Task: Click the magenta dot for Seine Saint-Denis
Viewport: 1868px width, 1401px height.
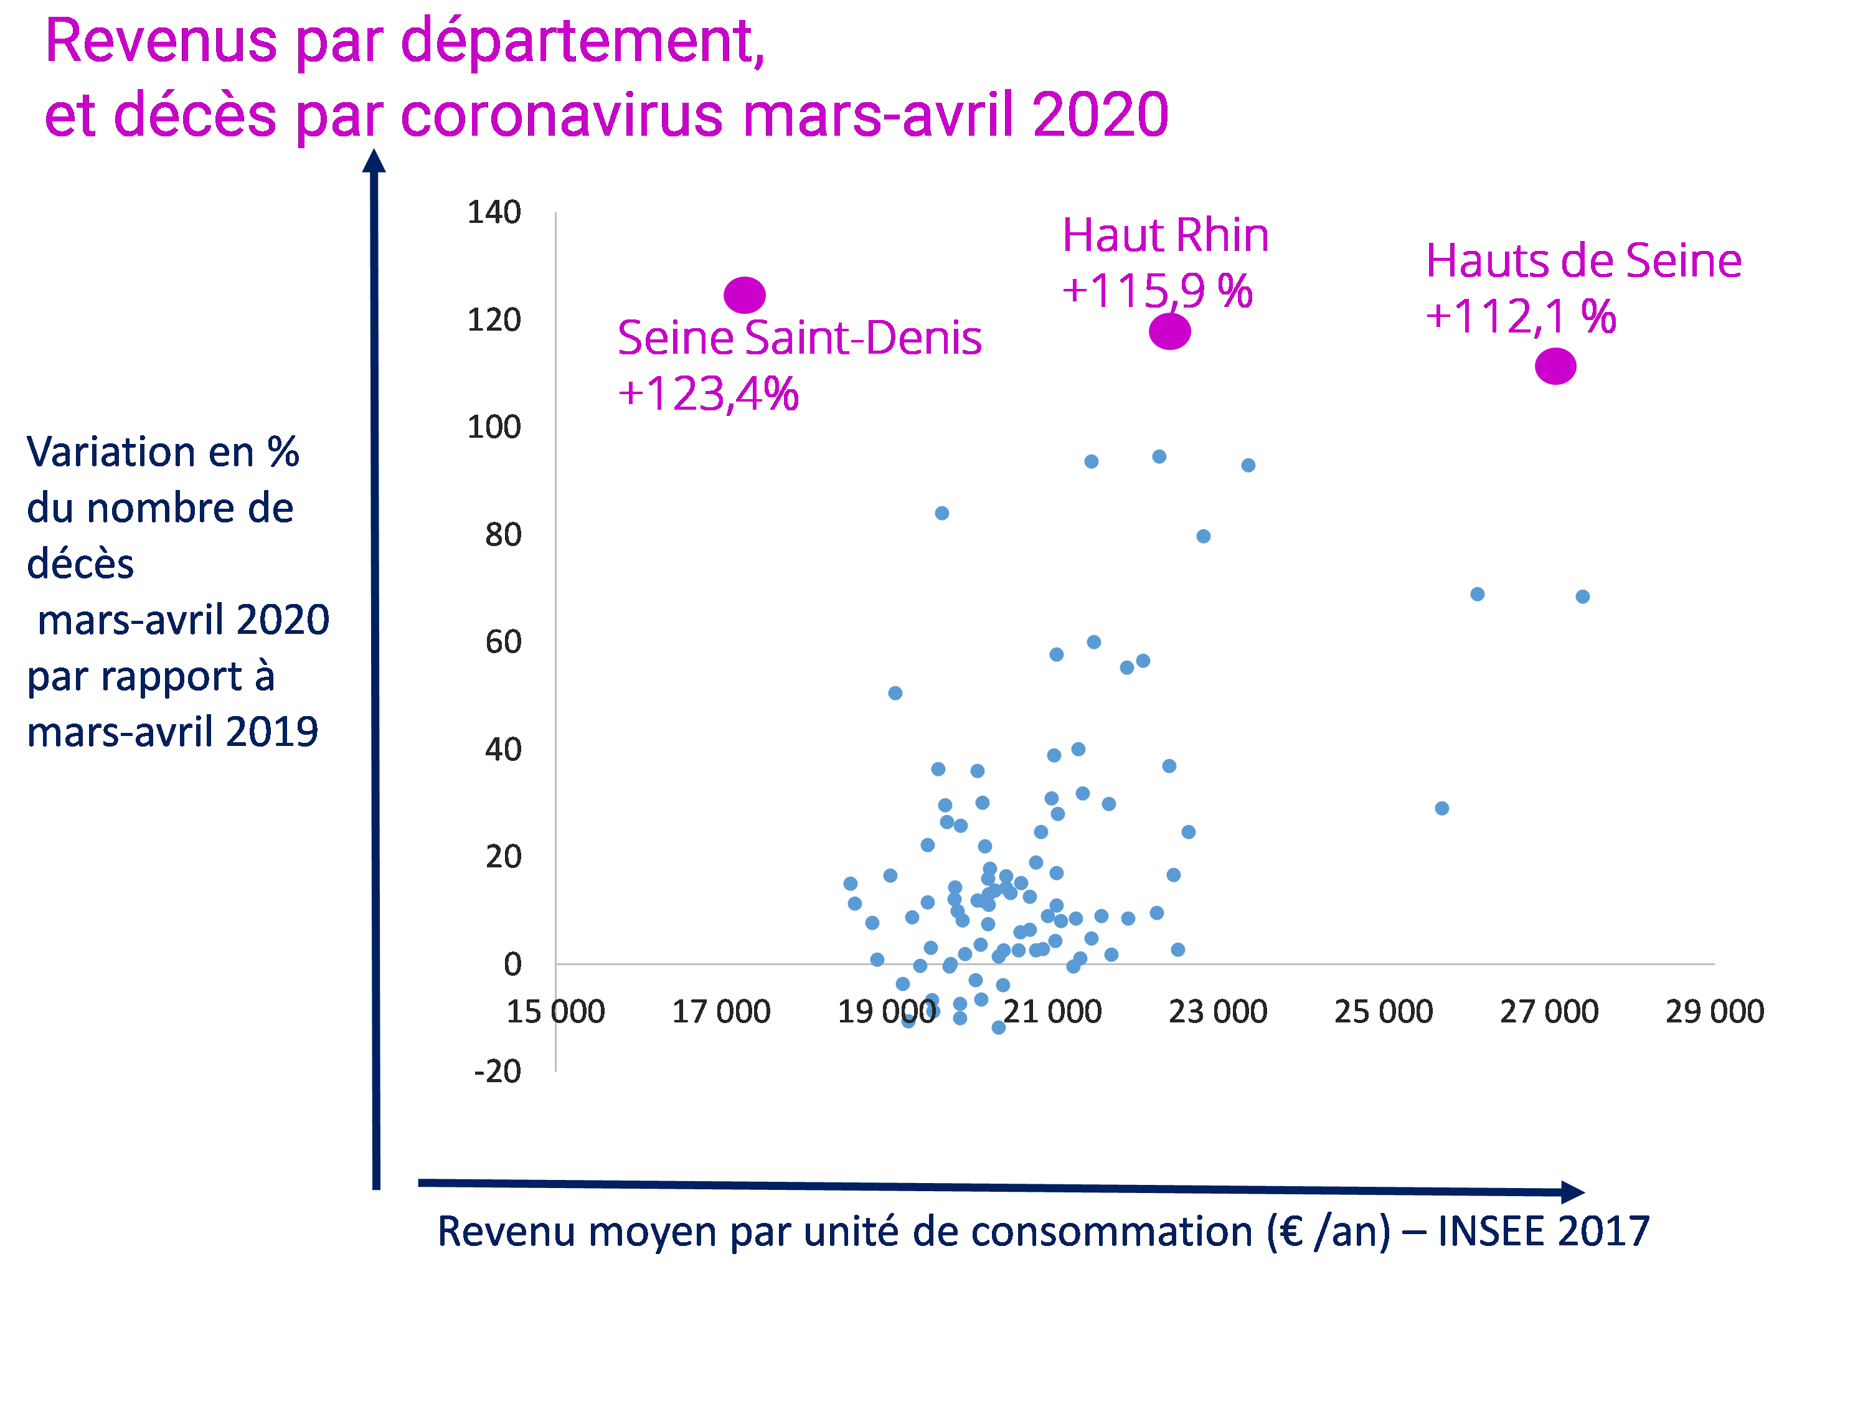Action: pyautogui.click(x=744, y=295)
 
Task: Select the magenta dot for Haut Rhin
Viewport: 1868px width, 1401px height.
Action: pyautogui.click(x=1169, y=331)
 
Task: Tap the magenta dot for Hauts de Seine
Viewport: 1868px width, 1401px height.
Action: pyautogui.click(x=1555, y=367)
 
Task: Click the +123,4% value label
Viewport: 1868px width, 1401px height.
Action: pyautogui.click(x=708, y=394)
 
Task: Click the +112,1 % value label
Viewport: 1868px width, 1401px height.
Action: pyautogui.click(x=1520, y=317)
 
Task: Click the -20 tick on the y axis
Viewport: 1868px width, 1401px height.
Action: pyautogui.click(x=498, y=1072)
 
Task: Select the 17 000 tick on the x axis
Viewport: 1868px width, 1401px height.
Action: pyautogui.click(x=720, y=1011)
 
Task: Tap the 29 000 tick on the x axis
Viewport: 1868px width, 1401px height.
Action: pyautogui.click(x=1714, y=1011)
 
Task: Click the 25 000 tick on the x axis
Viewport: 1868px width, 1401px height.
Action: pyautogui.click(x=1384, y=1011)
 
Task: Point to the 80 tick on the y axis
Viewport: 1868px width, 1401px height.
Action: pyautogui.click(x=502, y=534)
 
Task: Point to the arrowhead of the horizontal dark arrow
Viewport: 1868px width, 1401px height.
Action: pyautogui.click(x=1572, y=1192)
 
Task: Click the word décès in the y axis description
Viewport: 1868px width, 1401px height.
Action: pyautogui.click(x=80, y=564)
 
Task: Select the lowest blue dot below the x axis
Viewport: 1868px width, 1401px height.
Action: pyautogui.click(x=998, y=1027)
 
